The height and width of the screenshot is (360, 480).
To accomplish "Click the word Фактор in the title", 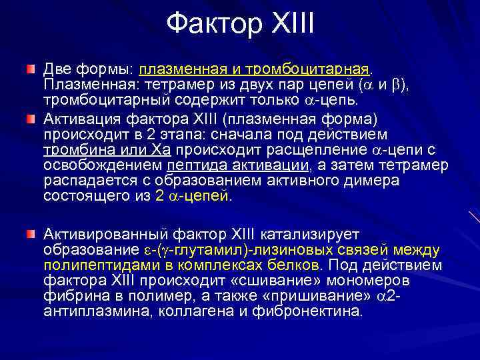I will pos(209,25).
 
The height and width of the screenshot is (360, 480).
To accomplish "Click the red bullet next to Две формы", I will pos(31,70).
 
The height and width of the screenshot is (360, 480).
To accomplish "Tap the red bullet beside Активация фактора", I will pos(31,119).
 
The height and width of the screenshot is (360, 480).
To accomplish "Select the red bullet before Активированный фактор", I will pos(31,235).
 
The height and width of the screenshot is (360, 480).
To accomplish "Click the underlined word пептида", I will pos(193,165).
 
